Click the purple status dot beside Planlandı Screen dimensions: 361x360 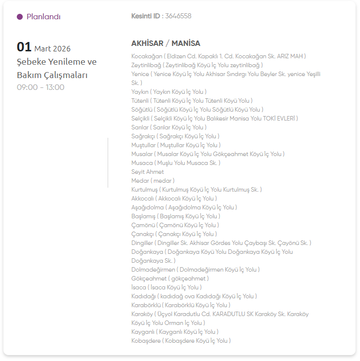[20, 17]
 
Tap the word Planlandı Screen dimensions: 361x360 [43, 17]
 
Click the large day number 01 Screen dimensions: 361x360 [24, 47]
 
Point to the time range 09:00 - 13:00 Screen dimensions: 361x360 [40, 87]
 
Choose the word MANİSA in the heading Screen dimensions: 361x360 [186, 43]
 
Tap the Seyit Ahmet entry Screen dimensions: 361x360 [148, 172]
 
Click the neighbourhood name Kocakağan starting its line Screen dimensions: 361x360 [147, 56]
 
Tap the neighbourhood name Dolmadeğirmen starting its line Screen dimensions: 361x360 [153, 270]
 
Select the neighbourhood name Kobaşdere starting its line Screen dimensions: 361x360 [146, 341]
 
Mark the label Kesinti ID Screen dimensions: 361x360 [146, 16]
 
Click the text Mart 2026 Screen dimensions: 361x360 [52, 48]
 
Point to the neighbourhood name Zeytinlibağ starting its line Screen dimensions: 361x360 [146, 65]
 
